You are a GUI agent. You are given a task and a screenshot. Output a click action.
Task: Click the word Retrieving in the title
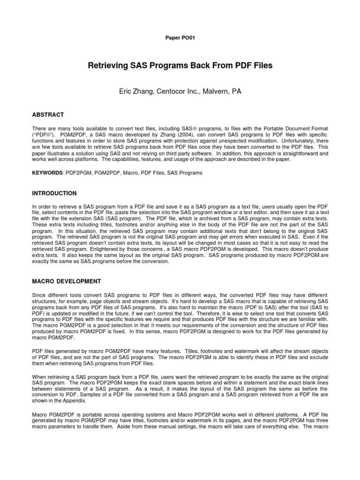tap(108, 66)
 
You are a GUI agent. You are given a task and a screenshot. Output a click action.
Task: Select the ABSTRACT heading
tap(48, 115)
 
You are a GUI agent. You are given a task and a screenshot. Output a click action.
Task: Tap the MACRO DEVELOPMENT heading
tap(66, 281)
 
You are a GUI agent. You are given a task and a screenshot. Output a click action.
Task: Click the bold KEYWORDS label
tap(47, 173)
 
